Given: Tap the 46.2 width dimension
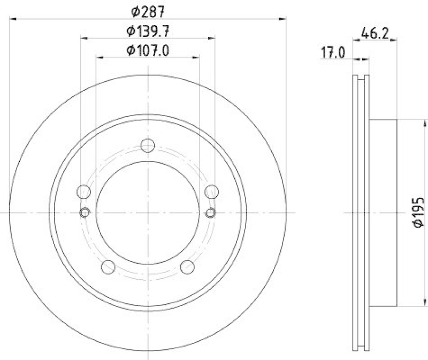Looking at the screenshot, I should click(x=374, y=33).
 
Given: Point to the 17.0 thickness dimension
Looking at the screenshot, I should click(x=332, y=52).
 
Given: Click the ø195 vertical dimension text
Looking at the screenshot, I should click(x=419, y=212).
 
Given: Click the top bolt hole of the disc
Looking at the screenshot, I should click(x=148, y=145).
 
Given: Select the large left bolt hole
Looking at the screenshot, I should click(x=83, y=191).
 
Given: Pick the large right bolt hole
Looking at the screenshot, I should click(x=212, y=191).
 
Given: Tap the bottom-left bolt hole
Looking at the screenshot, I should click(x=109, y=266).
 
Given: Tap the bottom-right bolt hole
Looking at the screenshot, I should click(x=187, y=266).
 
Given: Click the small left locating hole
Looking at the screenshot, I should click(x=85, y=213).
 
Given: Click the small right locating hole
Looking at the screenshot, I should click(x=211, y=213).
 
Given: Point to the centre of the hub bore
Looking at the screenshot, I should click(x=148, y=213).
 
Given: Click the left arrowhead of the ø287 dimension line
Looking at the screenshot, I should click(x=14, y=19).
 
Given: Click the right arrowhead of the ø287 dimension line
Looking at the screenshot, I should click(x=283, y=19).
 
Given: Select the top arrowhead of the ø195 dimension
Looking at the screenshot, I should click(x=410, y=122).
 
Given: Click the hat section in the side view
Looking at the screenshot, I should click(x=383, y=212).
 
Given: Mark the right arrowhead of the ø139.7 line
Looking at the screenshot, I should click(x=212, y=38).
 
